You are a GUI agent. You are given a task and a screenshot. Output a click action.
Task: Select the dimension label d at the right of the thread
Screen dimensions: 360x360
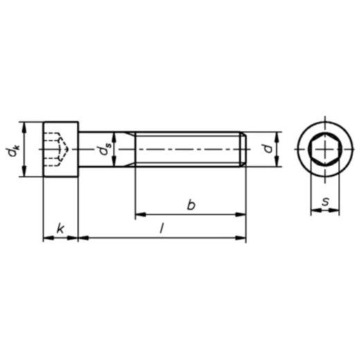[x=265, y=149]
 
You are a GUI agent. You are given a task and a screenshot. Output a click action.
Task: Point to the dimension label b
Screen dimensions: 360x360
[x=191, y=204]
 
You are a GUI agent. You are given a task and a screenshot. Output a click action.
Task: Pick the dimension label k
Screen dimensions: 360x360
[x=60, y=228]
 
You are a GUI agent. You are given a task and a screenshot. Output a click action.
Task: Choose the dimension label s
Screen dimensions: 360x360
[x=325, y=203]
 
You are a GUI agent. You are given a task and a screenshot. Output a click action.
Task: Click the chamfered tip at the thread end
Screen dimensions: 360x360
[x=243, y=149]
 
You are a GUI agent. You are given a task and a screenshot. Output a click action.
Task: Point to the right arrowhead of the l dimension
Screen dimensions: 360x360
[x=242, y=239]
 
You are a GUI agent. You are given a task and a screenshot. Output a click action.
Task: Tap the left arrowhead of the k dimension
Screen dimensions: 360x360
[x=47, y=239]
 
